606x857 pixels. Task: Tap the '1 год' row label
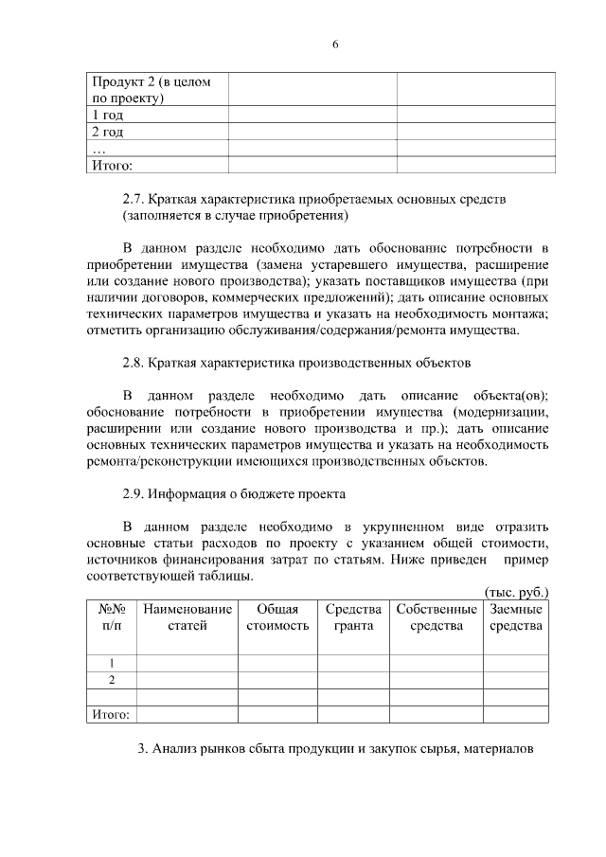pos(107,115)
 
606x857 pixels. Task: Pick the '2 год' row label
pos(107,132)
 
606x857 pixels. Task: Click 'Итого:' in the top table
pos(110,165)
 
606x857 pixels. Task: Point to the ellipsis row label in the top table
pos(97,149)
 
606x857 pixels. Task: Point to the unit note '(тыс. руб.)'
pos(516,591)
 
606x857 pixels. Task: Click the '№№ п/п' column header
pos(111,617)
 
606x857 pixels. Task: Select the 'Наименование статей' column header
pos(187,617)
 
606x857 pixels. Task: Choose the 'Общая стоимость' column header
pos(277,617)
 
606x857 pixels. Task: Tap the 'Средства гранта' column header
pos(353,617)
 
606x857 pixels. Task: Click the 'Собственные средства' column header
pos(437,617)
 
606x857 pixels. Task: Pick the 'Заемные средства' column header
pos(516,617)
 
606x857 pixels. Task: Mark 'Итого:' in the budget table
pos(110,714)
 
